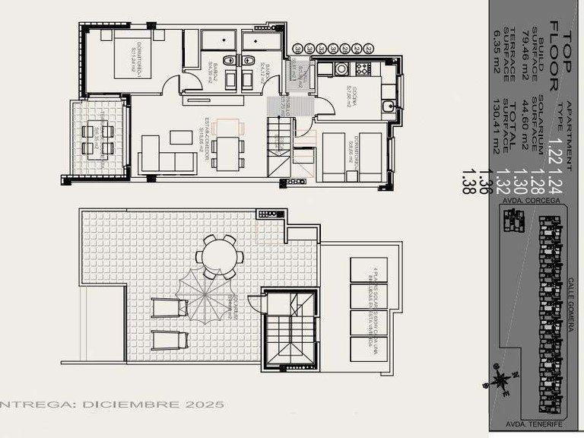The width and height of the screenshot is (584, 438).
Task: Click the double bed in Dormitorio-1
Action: (x=133, y=59)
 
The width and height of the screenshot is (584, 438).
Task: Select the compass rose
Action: (x=502, y=377)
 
